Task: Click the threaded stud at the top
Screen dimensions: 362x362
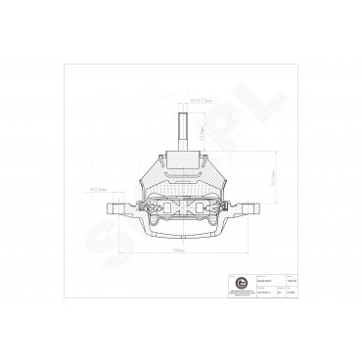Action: tap(182, 127)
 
